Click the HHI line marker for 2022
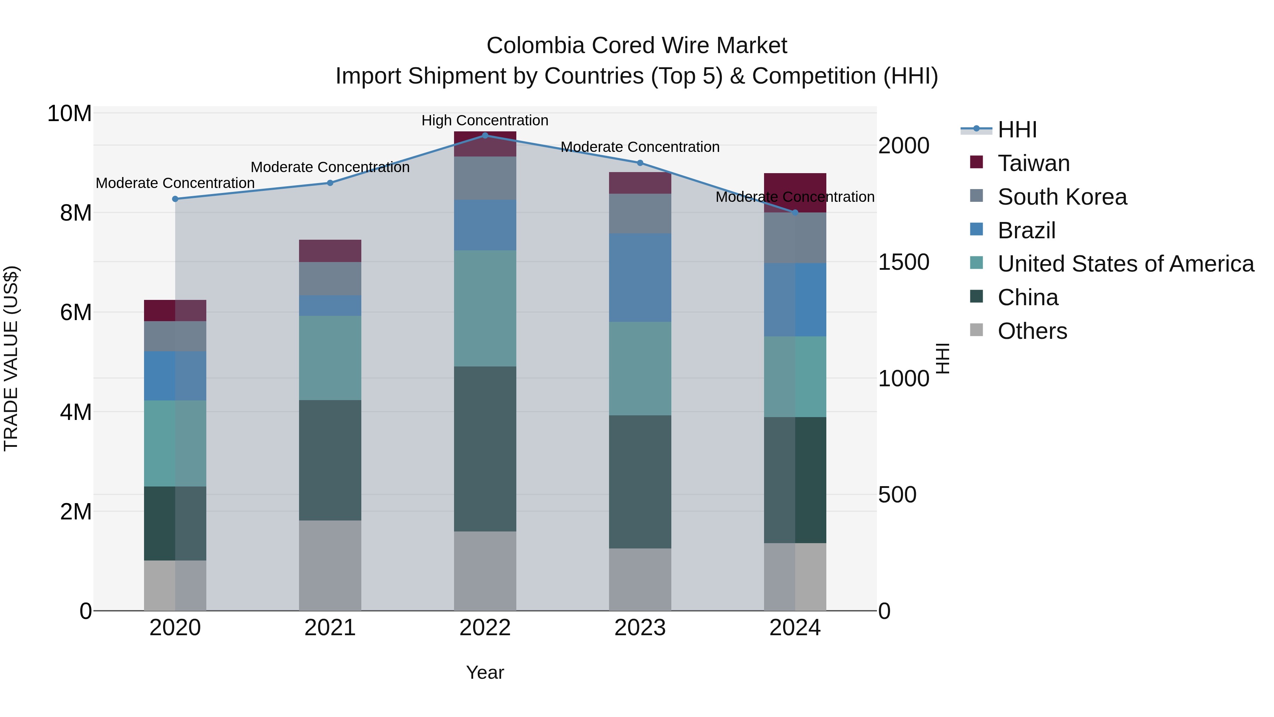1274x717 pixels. tap(485, 135)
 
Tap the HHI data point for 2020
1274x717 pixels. tap(175, 199)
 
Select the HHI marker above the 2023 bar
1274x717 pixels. tap(640, 163)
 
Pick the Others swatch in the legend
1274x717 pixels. tap(976, 330)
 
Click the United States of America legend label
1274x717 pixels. tap(1126, 264)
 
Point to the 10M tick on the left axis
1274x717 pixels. tap(69, 114)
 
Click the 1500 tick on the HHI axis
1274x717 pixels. tap(903, 262)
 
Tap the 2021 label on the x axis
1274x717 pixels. tap(330, 628)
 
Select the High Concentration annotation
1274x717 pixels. tap(485, 120)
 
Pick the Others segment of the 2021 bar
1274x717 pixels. tap(330, 565)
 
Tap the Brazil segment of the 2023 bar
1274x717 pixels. tap(640, 278)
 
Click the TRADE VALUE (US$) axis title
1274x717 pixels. tap(11, 358)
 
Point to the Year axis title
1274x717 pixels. tap(485, 672)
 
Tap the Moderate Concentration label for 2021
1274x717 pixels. tap(330, 167)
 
